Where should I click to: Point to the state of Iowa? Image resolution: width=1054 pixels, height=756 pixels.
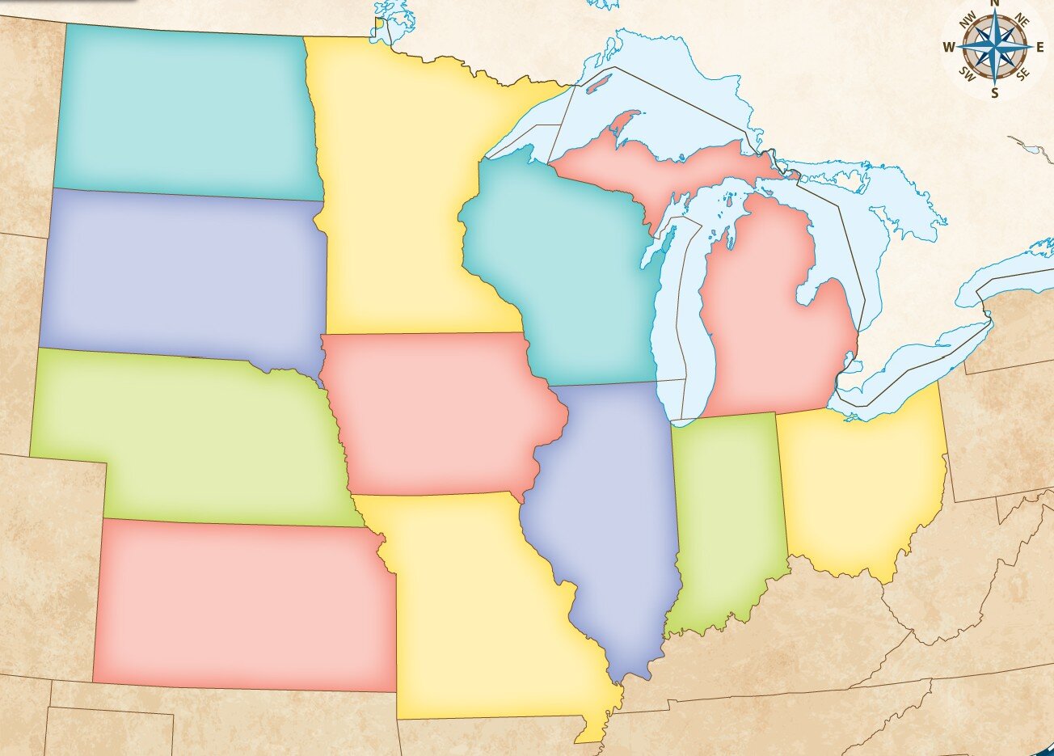coord(436,412)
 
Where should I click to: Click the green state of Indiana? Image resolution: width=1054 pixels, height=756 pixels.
coord(727,517)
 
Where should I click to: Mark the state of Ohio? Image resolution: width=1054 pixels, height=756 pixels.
coord(865,485)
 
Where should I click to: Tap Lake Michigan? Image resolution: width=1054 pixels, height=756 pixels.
coord(679,323)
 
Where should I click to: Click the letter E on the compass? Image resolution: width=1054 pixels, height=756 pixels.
coord(1039,47)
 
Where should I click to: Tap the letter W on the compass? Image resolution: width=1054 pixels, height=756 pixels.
coord(949,47)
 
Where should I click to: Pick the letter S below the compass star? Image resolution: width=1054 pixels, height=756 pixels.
coord(994,93)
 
